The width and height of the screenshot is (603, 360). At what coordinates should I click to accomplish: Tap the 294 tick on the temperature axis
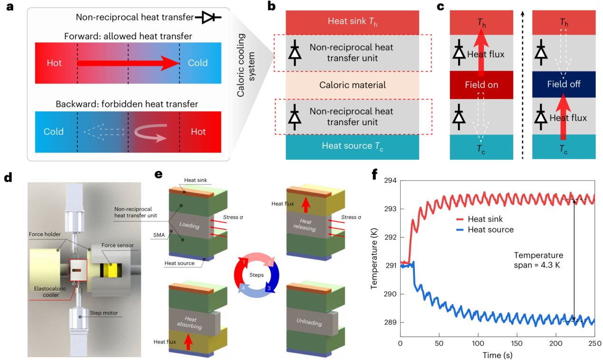pyautogui.click(x=393, y=181)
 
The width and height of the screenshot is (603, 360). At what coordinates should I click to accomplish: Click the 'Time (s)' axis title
pyautogui.click(x=498, y=354)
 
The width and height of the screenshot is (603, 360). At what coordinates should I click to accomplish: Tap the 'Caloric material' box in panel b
pyautogui.click(x=352, y=86)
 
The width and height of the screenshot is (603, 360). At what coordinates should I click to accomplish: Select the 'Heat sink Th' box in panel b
pyautogui.click(x=352, y=21)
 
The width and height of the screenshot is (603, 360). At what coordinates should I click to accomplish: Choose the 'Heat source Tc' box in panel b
pyautogui.click(x=352, y=146)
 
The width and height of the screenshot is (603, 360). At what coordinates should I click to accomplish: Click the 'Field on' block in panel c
pyautogui.click(x=482, y=86)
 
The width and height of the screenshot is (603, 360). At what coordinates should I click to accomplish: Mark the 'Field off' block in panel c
pyautogui.click(x=563, y=85)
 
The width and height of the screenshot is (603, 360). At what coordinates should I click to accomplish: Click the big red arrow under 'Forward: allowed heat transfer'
pyautogui.click(x=128, y=63)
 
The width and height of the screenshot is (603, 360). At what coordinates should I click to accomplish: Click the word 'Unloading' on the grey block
pyautogui.click(x=309, y=323)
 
